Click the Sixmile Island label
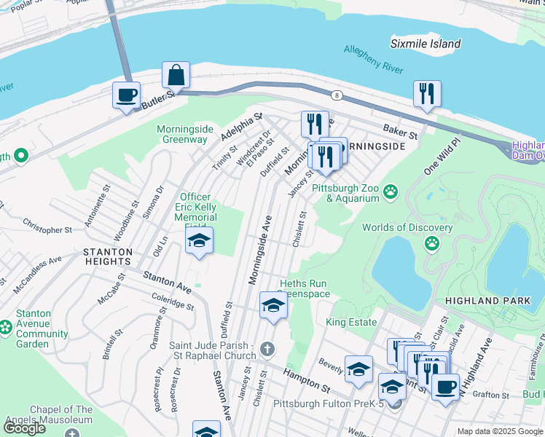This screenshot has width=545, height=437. [426, 44]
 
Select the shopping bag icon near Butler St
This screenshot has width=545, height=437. [176, 75]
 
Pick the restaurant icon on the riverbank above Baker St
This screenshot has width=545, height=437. [426, 93]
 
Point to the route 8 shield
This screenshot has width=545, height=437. [337, 95]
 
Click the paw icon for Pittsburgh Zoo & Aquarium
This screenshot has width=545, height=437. [391, 192]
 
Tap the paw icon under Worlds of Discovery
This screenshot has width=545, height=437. [433, 243]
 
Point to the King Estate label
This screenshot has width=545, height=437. [351, 322]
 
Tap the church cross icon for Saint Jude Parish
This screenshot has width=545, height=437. [267, 350]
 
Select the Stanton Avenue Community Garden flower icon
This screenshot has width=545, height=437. [6, 328]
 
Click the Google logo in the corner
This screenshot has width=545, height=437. [25, 428]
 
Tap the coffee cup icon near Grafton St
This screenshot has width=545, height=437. [444, 386]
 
